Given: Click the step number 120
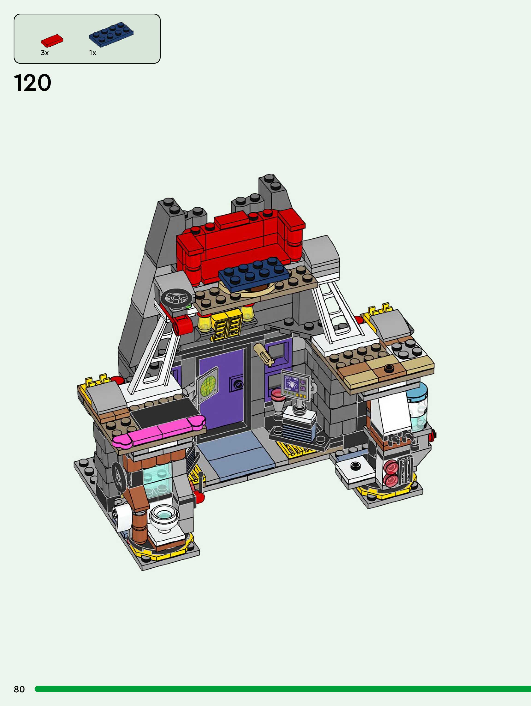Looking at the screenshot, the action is [33, 83].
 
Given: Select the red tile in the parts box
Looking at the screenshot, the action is [52, 41].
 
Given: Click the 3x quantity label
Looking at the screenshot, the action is [45, 53].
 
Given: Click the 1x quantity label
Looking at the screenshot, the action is [92, 53].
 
